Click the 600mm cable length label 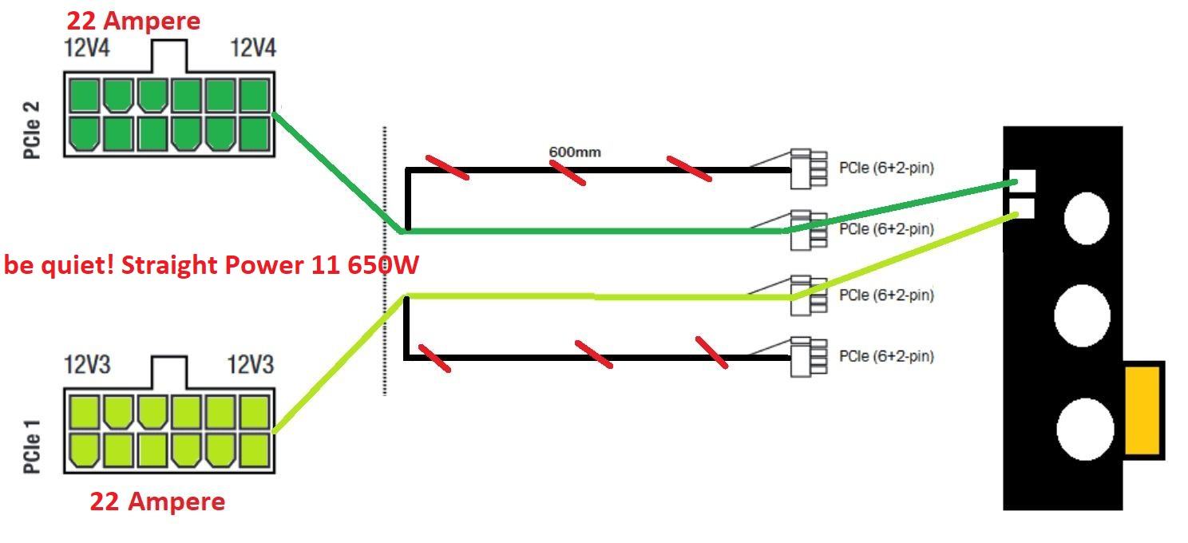tap(575, 151)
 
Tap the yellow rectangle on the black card tap(1143, 410)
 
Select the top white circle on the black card tap(1087, 217)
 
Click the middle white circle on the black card tap(1082, 315)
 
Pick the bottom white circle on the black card tap(1085, 428)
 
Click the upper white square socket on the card tap(1023, 181)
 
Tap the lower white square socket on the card tap(1023, 208)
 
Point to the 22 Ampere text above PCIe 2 tap(133, 20)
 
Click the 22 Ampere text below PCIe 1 tap(157, 501)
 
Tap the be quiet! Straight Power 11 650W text tap(211, 265)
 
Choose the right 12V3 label tap(251, 366)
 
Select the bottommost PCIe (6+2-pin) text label tap(886, 356)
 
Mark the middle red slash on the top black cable tap(567, 172)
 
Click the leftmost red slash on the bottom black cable tap(434, 358)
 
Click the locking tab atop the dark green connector tap(169, 56)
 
